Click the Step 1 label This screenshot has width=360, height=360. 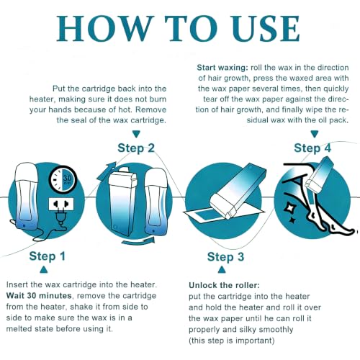tap(48, 256)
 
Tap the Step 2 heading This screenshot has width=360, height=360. tap(136, 148)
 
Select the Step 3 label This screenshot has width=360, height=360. tap(225, 257)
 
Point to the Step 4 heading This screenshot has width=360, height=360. tap(312, 148)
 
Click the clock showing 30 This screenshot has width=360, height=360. tap(63, 179)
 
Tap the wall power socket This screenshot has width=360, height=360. tap(61, 204)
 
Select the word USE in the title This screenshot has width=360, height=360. tap(266, 29)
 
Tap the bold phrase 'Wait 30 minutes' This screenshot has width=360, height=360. tap(39, 295)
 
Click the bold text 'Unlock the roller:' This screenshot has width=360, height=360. tap(224, 285)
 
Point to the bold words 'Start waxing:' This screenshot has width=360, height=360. tap(222, 68)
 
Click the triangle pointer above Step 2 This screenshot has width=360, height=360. tap(136, 134)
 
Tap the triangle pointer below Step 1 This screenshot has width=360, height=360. tap(44, 269)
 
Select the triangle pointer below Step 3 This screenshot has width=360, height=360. tap(222, 270)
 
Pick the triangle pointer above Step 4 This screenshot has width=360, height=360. tap(315, 134)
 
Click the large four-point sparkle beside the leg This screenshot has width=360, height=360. tap(288, 207)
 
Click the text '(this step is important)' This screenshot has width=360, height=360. tap(231, 341)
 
